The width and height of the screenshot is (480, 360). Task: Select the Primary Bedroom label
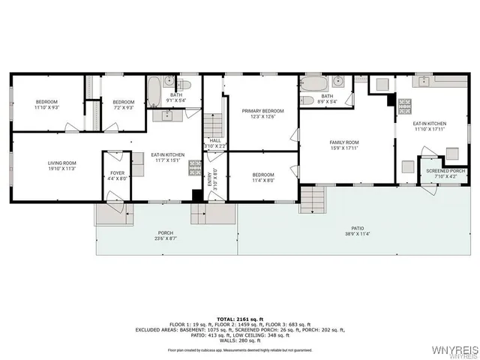coord(261,111)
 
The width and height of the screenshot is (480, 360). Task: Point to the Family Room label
coord(345,142)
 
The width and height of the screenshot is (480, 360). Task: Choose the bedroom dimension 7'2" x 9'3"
coord(123,108)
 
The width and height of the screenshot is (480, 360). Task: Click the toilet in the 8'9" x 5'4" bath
coord(307,100)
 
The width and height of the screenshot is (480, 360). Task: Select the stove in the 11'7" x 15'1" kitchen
coord(194,166)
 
